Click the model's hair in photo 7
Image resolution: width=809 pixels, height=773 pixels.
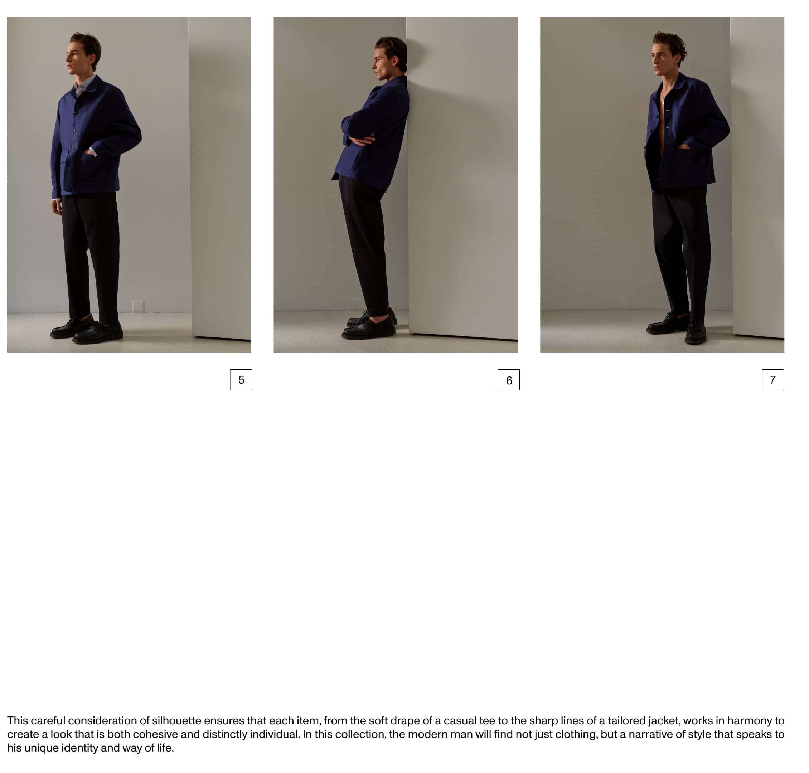(671, 43)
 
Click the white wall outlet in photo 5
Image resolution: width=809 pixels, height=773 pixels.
(138, 306)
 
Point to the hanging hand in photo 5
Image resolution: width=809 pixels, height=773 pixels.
(57, 206)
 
